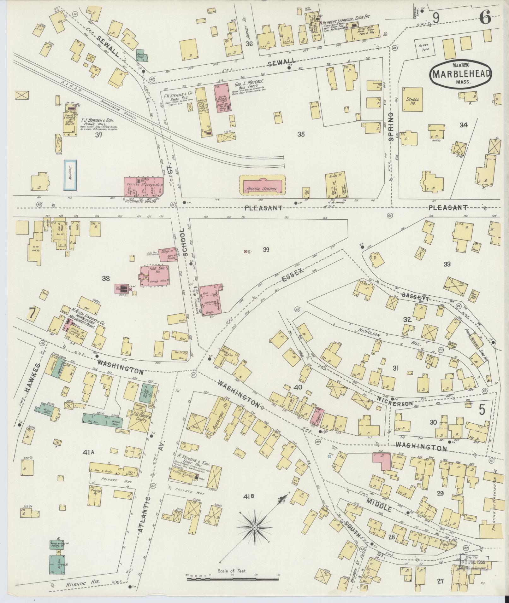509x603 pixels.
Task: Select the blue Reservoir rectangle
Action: click(70, 175)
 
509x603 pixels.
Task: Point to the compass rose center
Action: click(254, 527)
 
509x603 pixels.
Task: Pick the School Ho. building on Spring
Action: click(412, 99)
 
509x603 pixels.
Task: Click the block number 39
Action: click(266, 250)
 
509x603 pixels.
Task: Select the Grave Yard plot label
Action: click(423, 47)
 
